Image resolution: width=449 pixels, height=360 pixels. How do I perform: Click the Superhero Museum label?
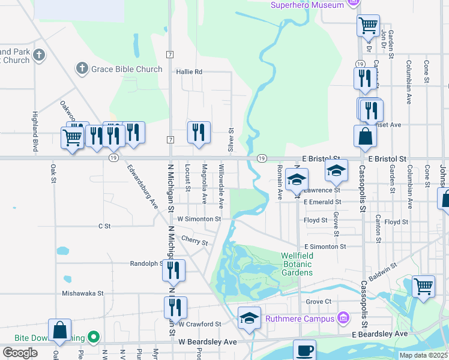tap(307, 5)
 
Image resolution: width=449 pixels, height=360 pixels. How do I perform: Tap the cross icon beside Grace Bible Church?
tap(82, 69)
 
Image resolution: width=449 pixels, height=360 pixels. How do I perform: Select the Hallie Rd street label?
tap(189, 71)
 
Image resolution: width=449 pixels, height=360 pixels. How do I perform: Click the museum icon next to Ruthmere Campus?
tap(343, 316)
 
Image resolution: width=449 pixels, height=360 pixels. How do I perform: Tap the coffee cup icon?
tap(304, 350)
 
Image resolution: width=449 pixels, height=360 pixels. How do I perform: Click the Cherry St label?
tap(194, 240)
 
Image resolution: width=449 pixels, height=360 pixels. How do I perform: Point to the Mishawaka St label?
tap(83, 293)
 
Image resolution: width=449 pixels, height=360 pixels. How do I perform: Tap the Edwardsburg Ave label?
tap(142, 187)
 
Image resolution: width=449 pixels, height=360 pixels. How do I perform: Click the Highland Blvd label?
tap(35, 131)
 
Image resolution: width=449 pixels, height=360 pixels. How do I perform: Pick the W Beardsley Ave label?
tap(208, 341)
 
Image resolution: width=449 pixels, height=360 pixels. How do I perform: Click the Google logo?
tap(20, 353)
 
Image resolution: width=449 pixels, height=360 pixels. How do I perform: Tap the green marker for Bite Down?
tap(92, 338)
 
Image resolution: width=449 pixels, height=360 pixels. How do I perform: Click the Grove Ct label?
tap(319, 301)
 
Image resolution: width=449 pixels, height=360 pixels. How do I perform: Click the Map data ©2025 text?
tap(423, 355)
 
